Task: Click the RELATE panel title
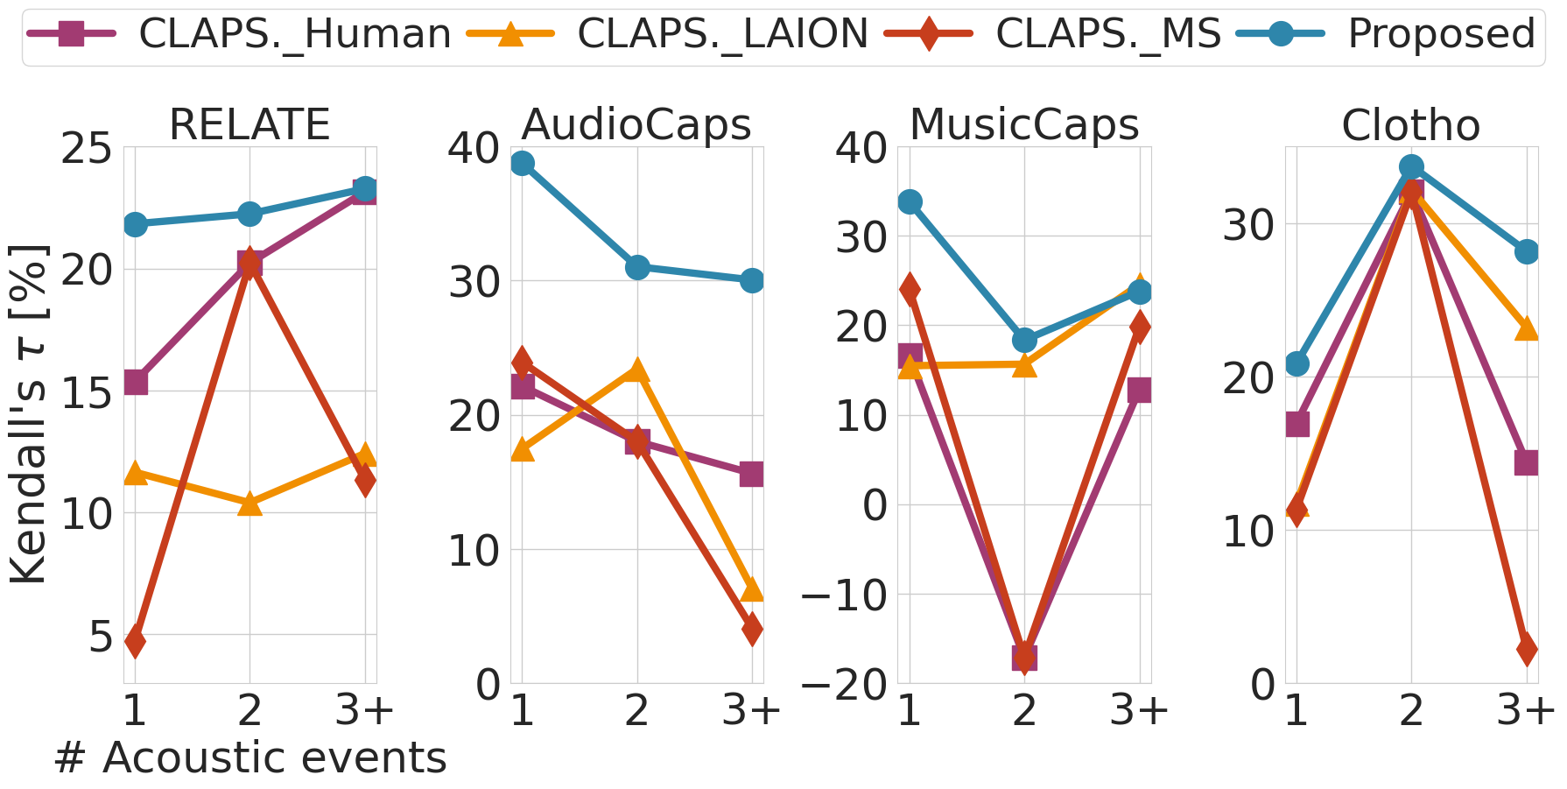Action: pyautogui.click(x=249, y=124)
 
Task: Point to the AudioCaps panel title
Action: pyautogui.click(x=636, y=124)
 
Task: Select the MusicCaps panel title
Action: pyautogui.click(x=1024, y=124)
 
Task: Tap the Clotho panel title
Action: pyautogui.click(x=1410, y=124)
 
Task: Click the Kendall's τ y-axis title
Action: pyautogui.click(x=28, y=413)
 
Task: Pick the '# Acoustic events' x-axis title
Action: pyautogui.click(x=249, y=757)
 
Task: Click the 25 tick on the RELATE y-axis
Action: pyautogui.click(x=86, y=149)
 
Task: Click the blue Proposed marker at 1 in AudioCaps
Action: pyautogui.click(x=523, y=164)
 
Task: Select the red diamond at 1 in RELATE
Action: pyautogui.click(x=135, y=641)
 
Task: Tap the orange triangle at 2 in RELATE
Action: pyautogui.click(x=249, y=504)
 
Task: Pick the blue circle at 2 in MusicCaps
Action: pyautogui.click(x=1024, y=340)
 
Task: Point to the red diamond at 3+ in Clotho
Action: pyautogui.click(x=1527, y=650)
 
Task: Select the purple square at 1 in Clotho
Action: pyautogui.click(x=1296, y=424)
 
